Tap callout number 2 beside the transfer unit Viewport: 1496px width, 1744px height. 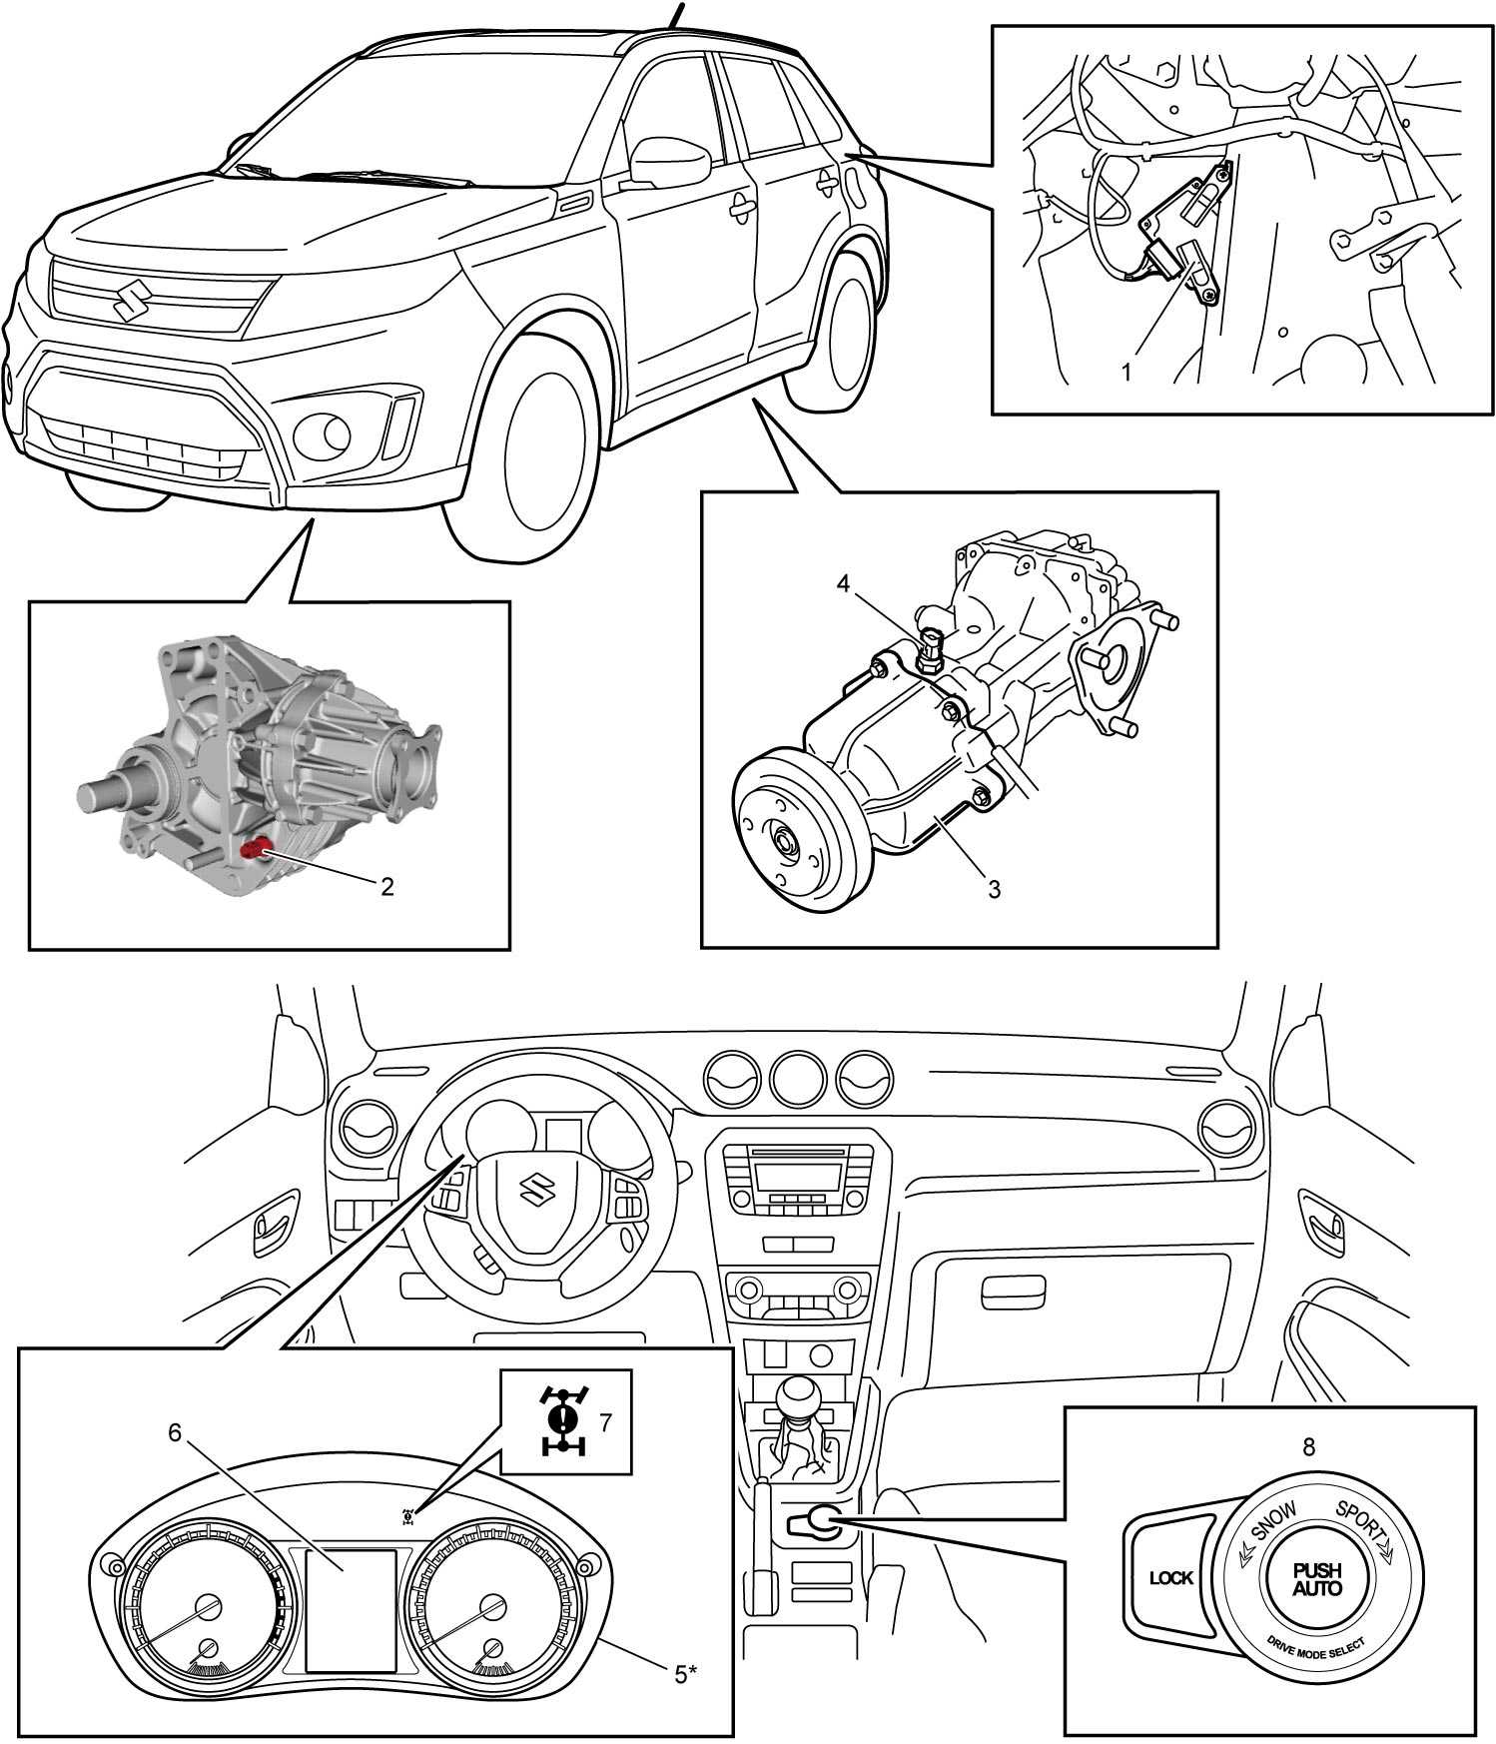pyautogui.click(x=386, y=885)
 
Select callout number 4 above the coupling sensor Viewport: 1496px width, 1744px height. pyautogui.click(x=844, y=583)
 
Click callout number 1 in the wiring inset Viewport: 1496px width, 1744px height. pyautogui.click(x=1126, y=374)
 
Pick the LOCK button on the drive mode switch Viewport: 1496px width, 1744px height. pyautogui.click(x=1170, y=1579)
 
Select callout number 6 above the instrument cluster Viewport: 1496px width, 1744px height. pyautogui.click(x=175, y=1432)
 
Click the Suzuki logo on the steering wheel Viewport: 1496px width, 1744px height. pyautogui.click(x=537, y=1185)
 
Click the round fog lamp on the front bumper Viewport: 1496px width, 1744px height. pyautogui.click(x=323, y=434)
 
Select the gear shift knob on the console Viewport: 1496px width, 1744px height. pyautogui.click(x=807, y=1398)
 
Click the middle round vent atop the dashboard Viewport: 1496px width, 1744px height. pyautogui.click(x=802, y=1080)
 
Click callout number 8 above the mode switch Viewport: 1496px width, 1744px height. pyautogui.click(x=1308, y=1447)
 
